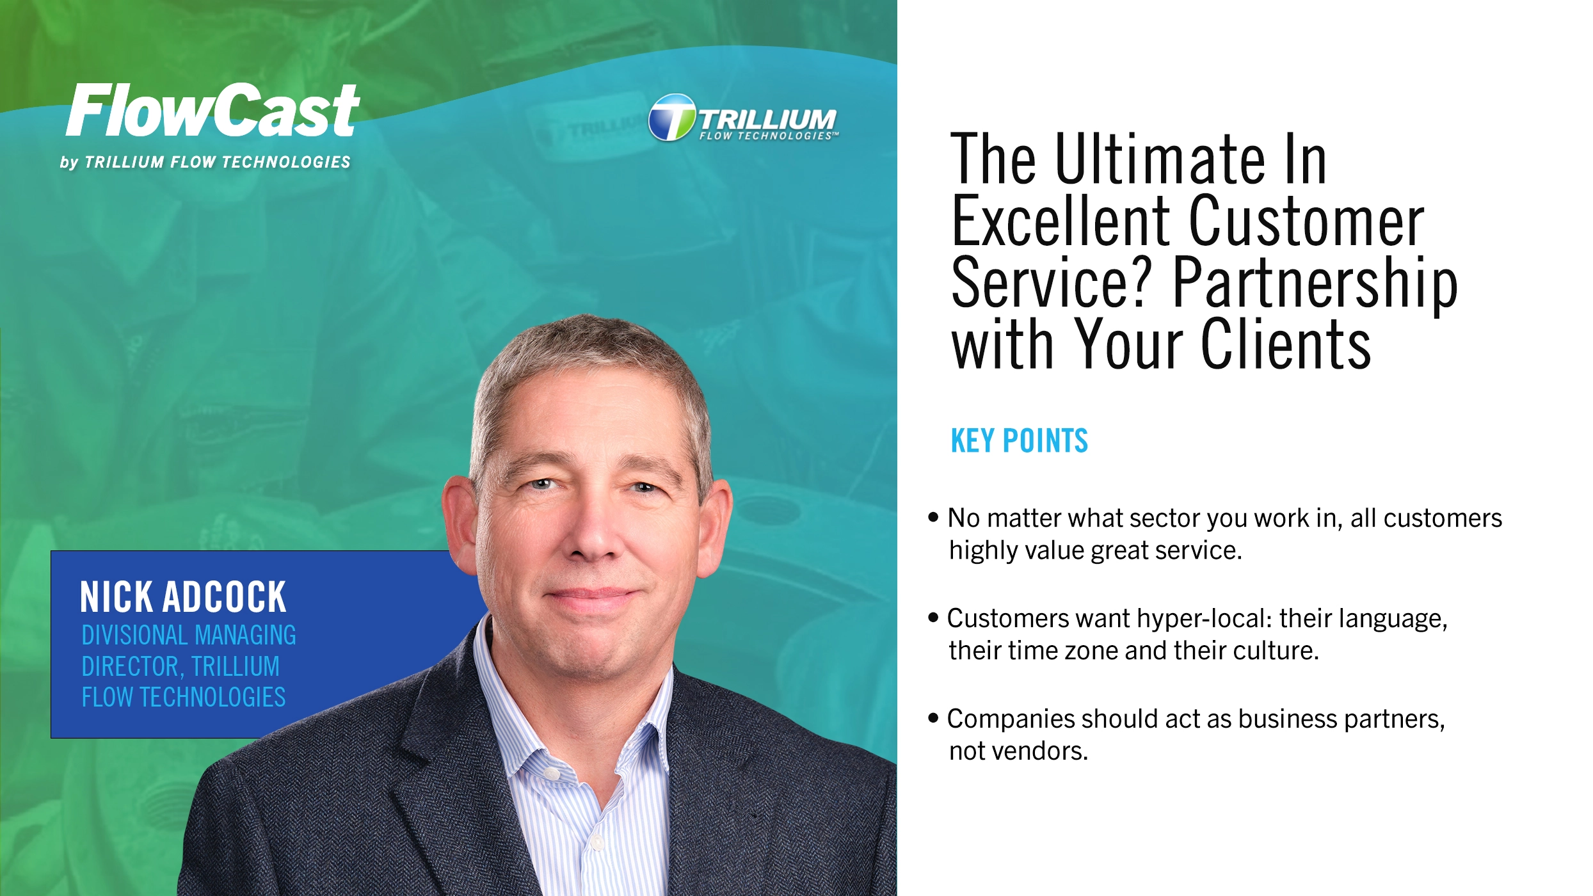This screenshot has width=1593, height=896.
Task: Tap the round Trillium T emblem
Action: [x=671, y=118]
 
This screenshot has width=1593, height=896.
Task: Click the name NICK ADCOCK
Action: [x=183, y=597]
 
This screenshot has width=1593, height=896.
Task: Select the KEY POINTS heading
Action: [x=1019, y=441]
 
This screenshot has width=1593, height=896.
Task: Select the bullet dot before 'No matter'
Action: [x=933, y=516]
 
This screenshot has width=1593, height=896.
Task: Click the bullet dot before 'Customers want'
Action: [x=933, y=617]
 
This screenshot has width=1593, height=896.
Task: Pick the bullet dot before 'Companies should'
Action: [x=933, y=717]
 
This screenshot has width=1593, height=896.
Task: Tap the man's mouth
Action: [x=592, y=595]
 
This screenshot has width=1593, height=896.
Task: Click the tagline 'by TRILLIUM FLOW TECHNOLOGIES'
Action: [x=205, y=163]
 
